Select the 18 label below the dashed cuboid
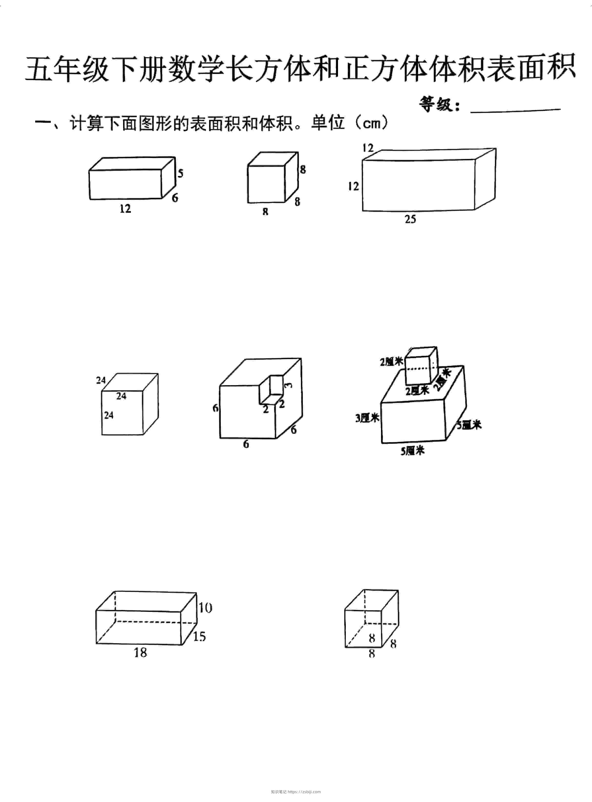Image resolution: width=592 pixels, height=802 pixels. point(140,652)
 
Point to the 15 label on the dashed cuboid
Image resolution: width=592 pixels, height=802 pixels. point(199,636)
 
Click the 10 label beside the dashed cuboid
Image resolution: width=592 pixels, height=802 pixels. point(205,608)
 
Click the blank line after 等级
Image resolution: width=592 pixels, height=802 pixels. point(515,110)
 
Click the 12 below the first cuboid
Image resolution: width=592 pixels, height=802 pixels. point(126,209)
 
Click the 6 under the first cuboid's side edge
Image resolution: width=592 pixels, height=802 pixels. point(175,197)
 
